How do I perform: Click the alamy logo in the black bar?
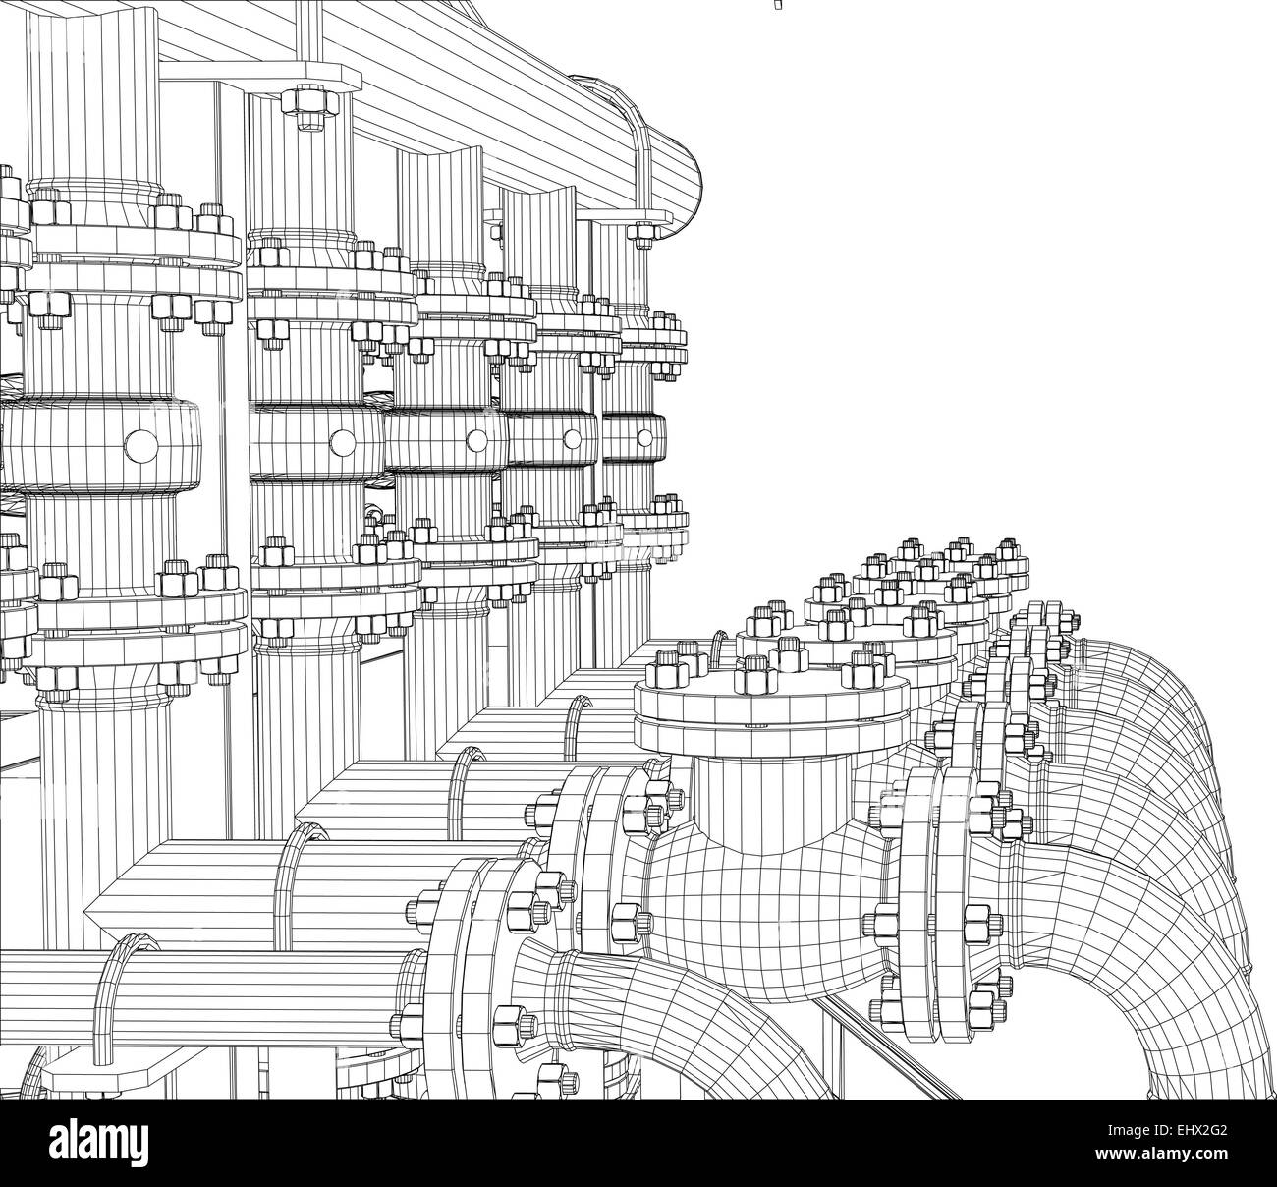99,1141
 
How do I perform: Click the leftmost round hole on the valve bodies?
140,444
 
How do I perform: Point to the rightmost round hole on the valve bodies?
644,437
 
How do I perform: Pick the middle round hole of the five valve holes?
476,440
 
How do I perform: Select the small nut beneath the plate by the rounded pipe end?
642,234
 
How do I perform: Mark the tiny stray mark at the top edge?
778,5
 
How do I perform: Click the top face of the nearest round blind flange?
771,694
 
